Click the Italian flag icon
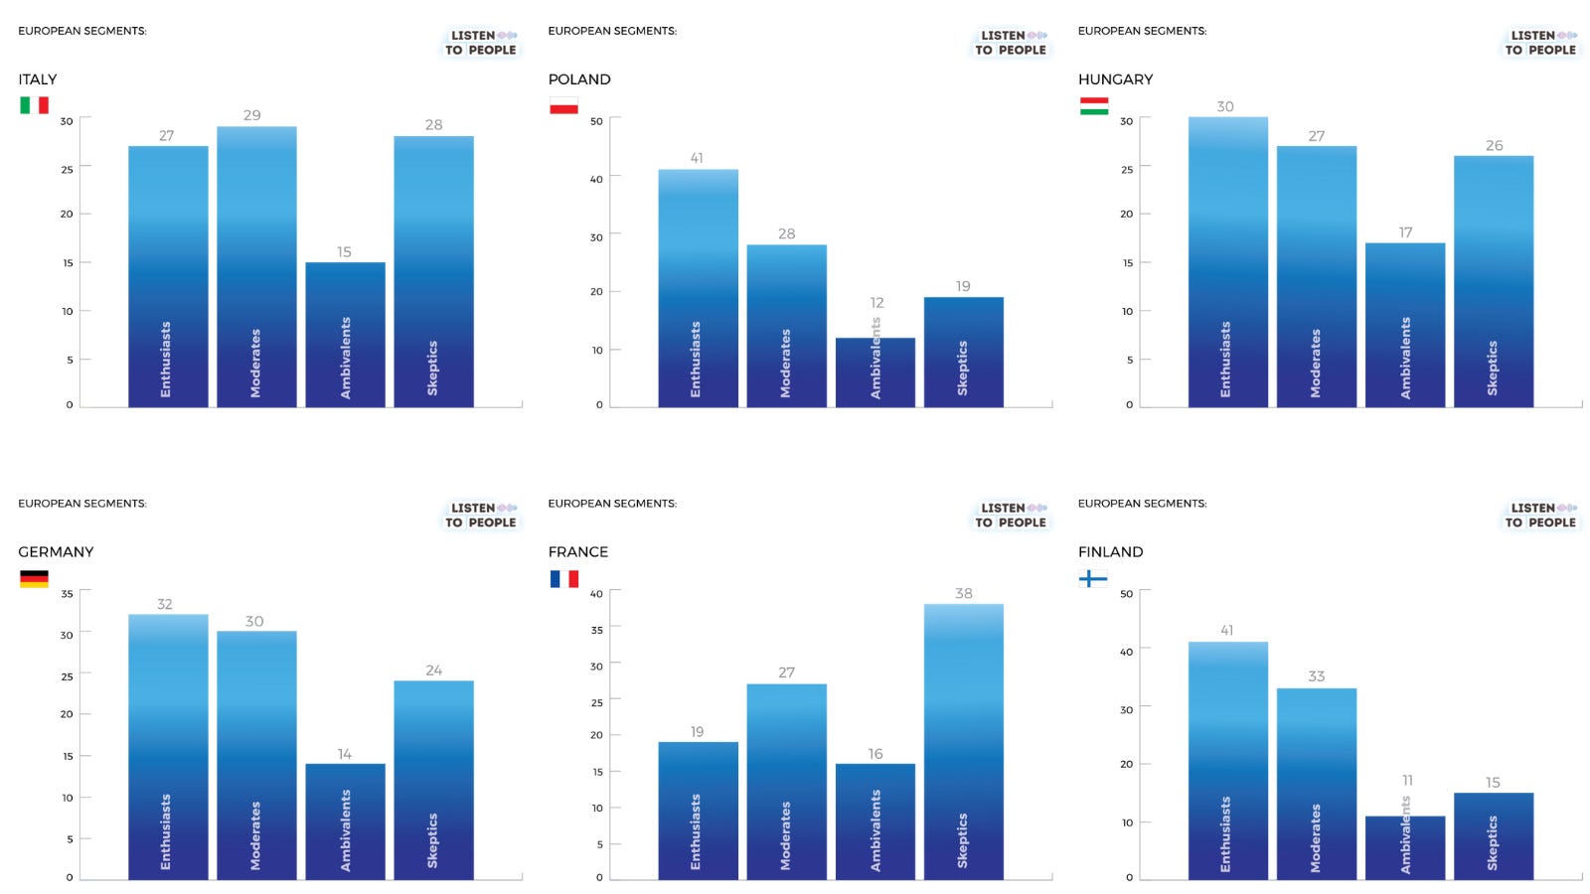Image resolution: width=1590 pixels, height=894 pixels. point(34,105)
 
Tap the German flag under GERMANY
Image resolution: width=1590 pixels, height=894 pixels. point(34,578)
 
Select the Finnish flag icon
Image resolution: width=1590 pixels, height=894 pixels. point(1093,578)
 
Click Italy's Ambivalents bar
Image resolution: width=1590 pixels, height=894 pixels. point(345,335)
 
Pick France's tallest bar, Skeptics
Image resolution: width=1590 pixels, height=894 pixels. point(963,741)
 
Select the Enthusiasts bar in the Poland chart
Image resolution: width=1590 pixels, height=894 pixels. point(698,288)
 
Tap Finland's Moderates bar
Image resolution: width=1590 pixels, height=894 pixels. point(1316,784)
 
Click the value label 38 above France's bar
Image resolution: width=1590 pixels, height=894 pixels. point(963,593)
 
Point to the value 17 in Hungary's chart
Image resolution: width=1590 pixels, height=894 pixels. point(1405,232)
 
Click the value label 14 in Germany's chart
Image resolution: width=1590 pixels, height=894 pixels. point(344,754)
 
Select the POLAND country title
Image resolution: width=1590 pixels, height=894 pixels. point(579,79)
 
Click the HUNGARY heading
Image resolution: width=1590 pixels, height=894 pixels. point(1115,79)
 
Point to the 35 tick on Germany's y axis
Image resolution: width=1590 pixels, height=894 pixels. point(67,594)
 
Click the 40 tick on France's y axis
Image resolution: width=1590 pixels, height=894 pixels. point(596,594)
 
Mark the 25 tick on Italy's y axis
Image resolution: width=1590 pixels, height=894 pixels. point(67,170)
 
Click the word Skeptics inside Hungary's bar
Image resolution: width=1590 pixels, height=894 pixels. point(1492,369)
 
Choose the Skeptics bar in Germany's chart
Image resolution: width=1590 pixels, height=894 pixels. point(433,781)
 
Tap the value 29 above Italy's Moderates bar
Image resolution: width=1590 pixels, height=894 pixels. point(252,115)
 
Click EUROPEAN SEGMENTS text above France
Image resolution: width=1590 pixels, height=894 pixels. point(612,503)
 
